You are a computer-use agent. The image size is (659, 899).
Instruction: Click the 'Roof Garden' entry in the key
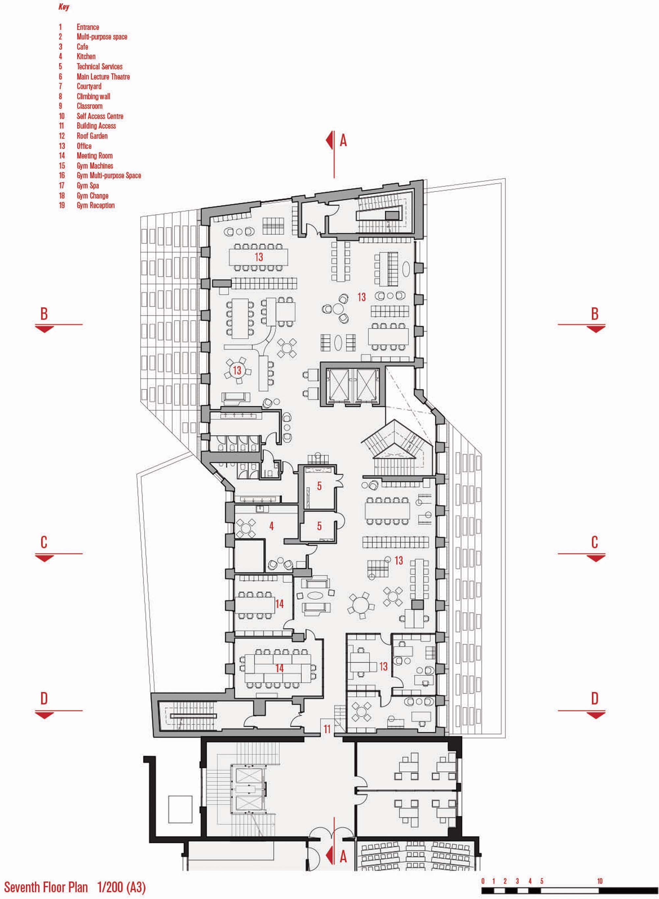click(x=92, y=136)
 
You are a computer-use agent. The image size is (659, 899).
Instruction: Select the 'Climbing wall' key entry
click(x=93, y=97)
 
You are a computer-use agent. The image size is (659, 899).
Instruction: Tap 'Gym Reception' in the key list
click(x=96, y=205)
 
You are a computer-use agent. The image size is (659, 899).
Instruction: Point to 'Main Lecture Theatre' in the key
click(x=103, y=76)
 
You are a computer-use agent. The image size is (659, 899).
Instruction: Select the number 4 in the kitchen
click(x=271, y=526)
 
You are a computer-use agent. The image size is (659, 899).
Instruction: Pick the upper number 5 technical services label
click(x=319, y=486)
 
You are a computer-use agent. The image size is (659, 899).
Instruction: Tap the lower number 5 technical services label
click(x=319, y=526)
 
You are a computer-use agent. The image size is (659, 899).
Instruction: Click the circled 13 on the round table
click(x=237, y=370)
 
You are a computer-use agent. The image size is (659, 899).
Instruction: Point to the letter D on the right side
click(x=594, y=699)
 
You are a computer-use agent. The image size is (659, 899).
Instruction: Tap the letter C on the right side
click(x=594, y=542)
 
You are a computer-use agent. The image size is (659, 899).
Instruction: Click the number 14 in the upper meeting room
click(x=279, y=604)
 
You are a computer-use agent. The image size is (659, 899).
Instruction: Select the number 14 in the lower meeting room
click(x=279, y=668)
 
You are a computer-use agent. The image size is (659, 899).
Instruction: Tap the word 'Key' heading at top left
click(x=64, y=7)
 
